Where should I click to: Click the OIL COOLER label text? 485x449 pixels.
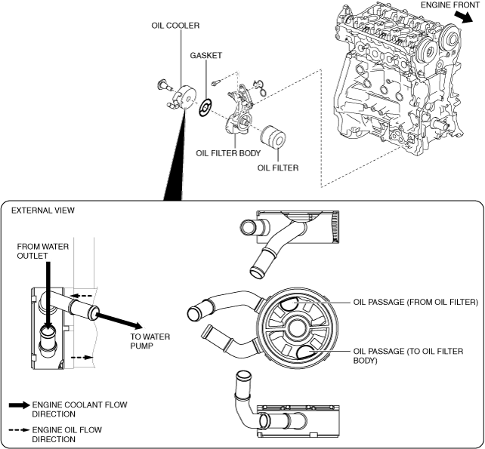tap(175, 26)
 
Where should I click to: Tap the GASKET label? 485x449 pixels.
tap(206, 55)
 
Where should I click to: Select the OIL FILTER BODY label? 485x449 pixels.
tap(228, 153)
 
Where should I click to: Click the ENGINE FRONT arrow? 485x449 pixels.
tap(464, 17)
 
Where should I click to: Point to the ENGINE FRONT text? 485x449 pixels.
tap(450, 5)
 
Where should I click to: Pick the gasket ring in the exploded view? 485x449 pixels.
tap(205, 108)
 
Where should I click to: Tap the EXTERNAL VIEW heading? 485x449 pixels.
tap(43, 211)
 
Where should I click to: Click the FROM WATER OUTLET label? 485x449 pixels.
tap(43, 251)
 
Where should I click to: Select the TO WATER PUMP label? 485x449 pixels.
tap(150, 341)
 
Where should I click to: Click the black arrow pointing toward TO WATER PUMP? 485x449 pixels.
tap(119, 321)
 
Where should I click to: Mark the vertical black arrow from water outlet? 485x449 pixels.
tap(48, 296)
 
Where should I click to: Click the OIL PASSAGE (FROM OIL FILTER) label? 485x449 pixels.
tap(415, 302)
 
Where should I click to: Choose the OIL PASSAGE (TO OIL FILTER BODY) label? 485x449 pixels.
tap(408, 356)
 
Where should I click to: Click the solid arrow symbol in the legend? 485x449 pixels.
tap(19, 405)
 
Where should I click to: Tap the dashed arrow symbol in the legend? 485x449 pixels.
tap(19, 430)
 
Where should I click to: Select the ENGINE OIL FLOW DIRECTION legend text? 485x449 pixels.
tap(66, 435)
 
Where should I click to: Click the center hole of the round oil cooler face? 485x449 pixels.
tap(297, 328)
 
